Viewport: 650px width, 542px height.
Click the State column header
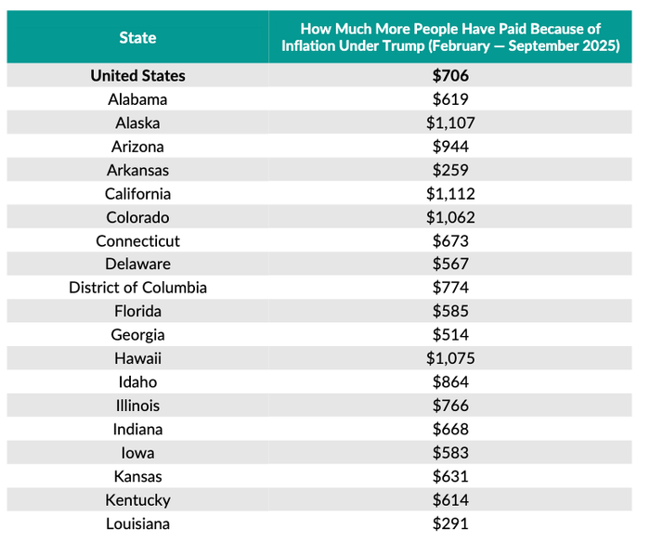[137, 38]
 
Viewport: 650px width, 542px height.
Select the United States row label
[137, 76]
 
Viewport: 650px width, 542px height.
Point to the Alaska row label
[137, 123]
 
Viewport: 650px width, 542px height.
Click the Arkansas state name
[137, 171]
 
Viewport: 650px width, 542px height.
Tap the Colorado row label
[137, 218]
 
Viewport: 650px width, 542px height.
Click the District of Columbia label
[137, 288]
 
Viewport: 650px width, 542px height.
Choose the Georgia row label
[137, 335]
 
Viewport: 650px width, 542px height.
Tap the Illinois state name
[137, 406]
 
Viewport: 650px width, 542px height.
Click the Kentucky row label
[137, 500]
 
